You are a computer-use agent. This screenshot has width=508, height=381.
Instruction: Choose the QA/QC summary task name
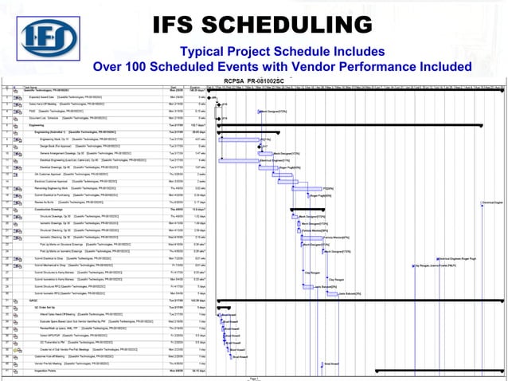(x=34, y=300)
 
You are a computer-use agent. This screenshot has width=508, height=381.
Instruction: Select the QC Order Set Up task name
(x=41, y=306)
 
